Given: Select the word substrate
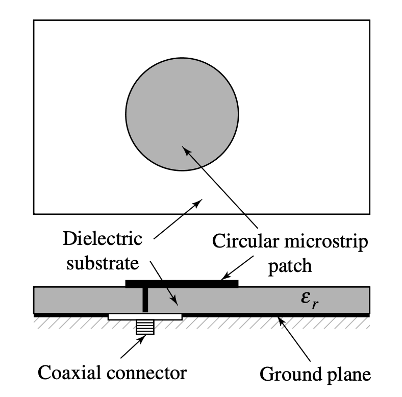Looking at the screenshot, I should pyautogui.click(x=102, y=263).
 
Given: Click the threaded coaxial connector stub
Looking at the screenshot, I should pyautogui.click(x=145, y=327).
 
